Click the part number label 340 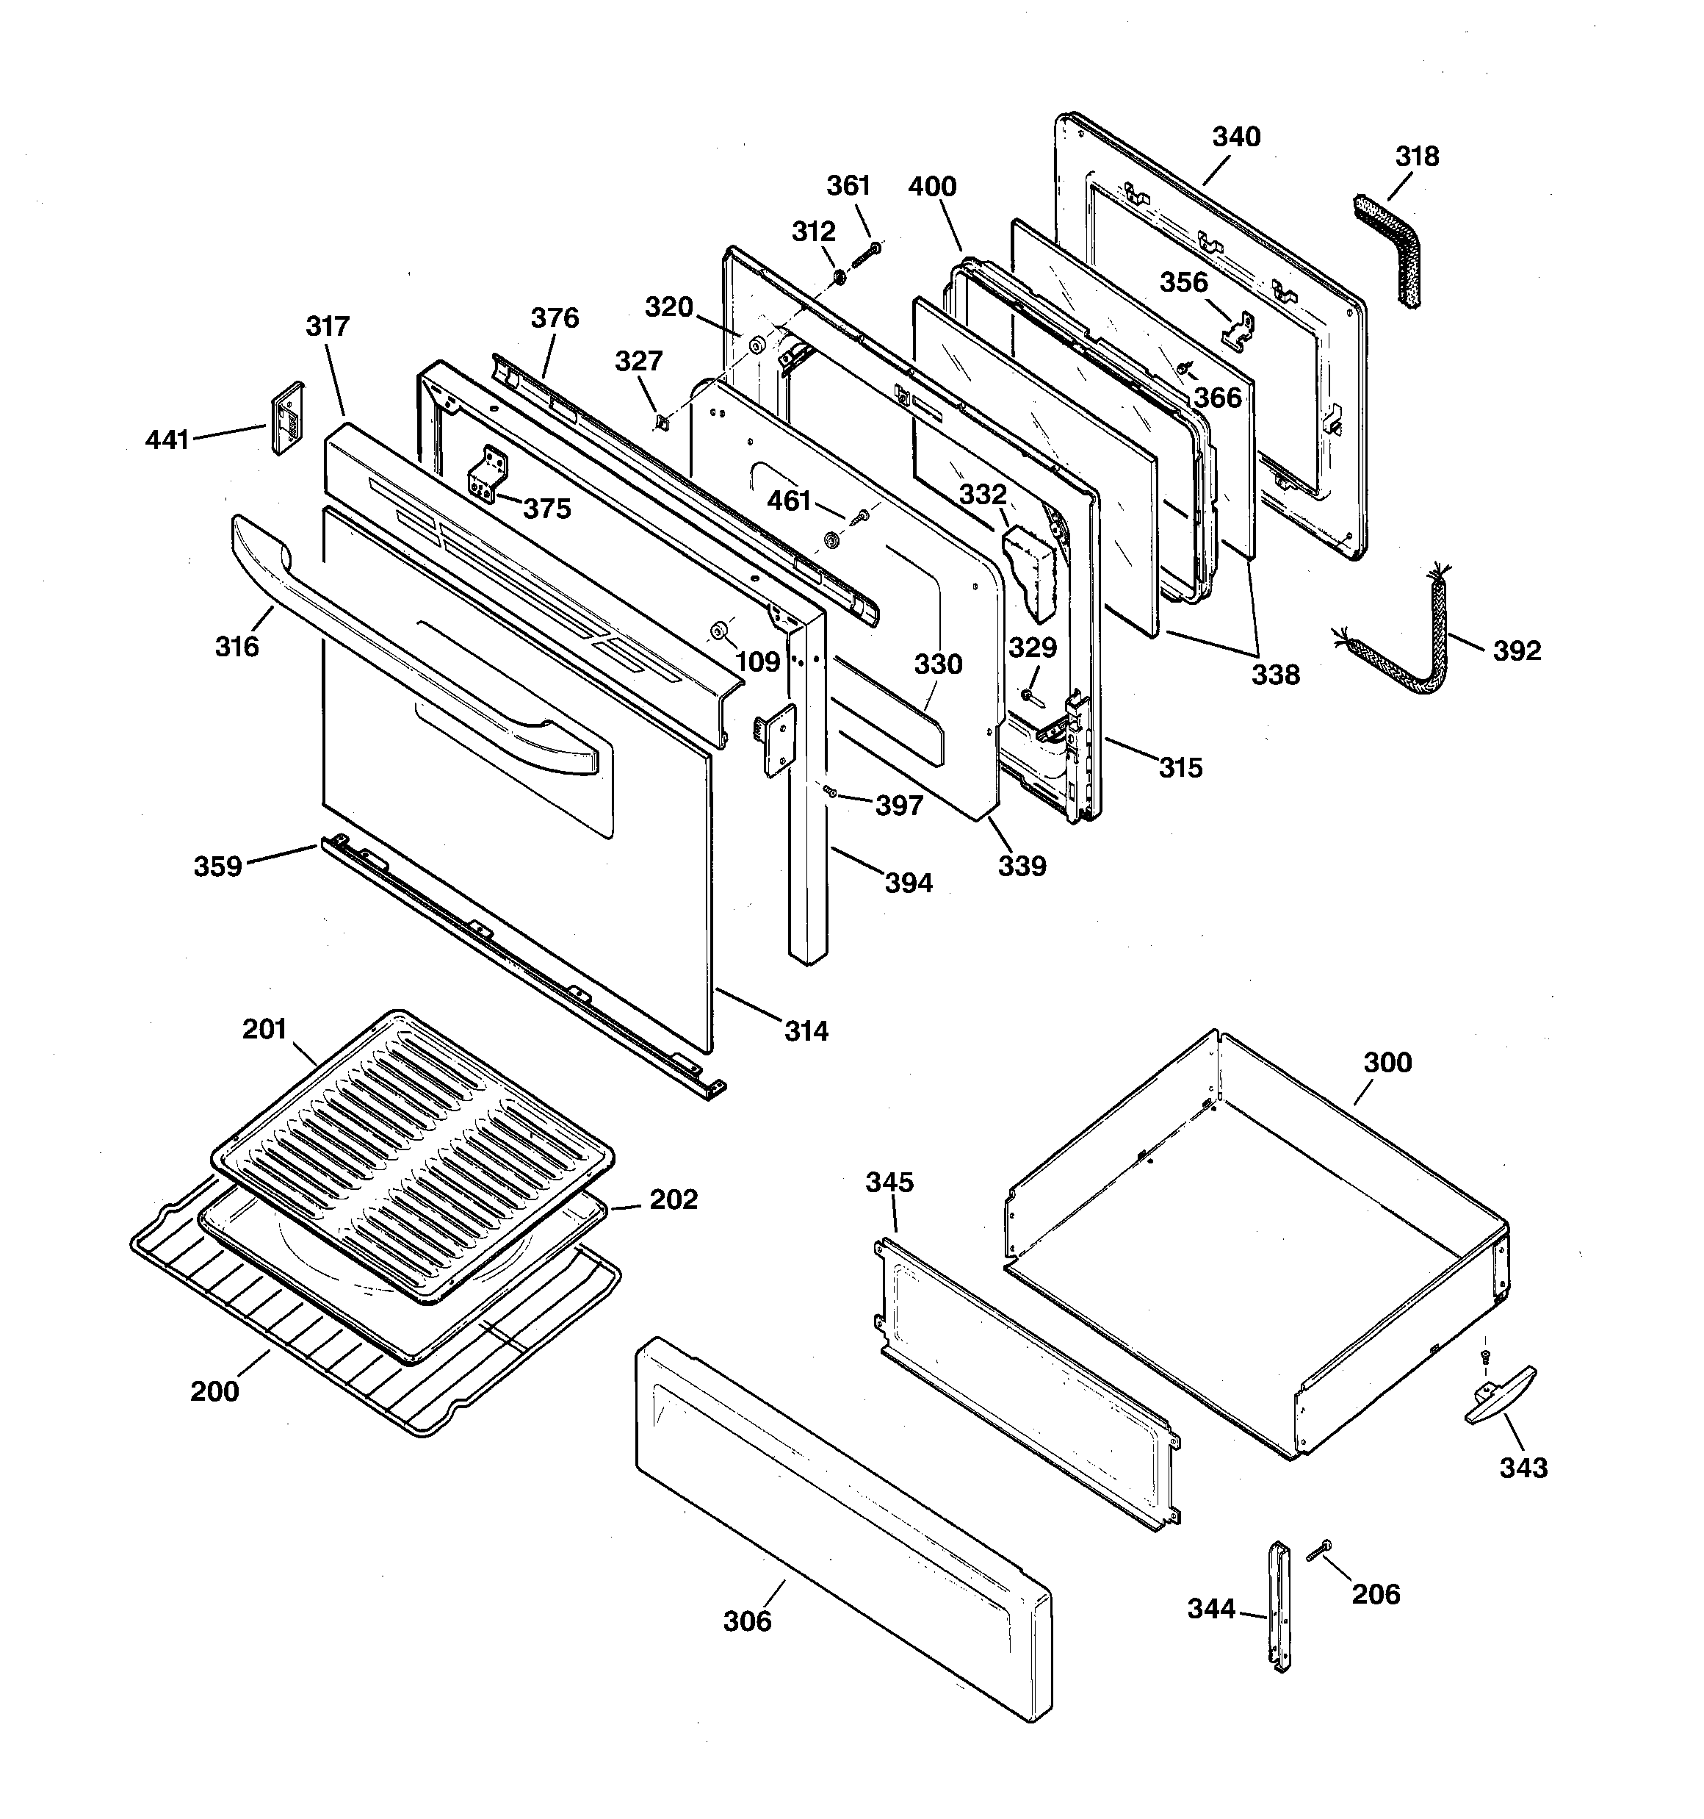(x=1235, y=137)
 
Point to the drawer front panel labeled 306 (x=842, y=1527)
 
